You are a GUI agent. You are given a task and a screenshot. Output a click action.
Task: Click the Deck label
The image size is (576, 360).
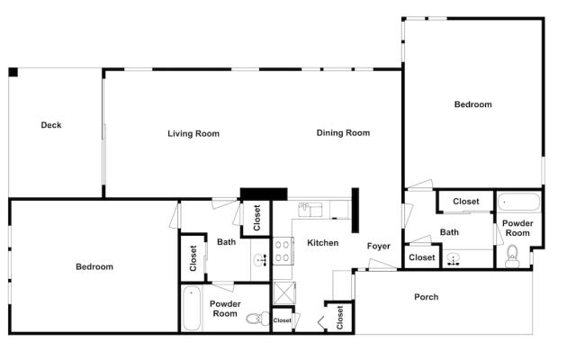coord(51,125)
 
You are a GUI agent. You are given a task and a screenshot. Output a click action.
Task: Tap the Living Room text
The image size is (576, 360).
coord(193,134)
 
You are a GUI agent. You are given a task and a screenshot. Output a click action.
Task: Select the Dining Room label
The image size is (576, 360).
coord(343,133)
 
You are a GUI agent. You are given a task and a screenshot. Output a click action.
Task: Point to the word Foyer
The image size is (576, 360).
coord(378,246)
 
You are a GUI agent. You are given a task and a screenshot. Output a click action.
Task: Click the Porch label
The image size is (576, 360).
coord(426,297)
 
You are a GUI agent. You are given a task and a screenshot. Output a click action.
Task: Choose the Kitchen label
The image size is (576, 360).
coord(322,243)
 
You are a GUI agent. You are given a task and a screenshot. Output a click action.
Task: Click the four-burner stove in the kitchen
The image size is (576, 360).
coord(283,251)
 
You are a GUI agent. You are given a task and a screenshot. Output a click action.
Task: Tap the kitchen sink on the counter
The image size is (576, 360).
coord(310,210)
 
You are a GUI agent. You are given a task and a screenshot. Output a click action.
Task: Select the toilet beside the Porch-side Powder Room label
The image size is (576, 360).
coord(512,256)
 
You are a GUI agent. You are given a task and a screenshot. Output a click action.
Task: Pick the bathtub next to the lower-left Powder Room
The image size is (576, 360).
coord(192,309)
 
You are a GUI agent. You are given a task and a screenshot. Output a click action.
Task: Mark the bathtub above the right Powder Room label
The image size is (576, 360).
coord(518,202)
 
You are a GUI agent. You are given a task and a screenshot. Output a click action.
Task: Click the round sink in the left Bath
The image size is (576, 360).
coord(260,260)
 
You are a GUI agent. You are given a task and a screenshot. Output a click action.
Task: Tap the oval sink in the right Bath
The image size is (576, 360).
coord(454,259)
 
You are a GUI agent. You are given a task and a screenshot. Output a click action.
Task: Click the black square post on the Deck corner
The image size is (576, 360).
coord(13,72)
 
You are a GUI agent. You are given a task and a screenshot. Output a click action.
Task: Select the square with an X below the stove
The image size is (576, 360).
coord(284,292)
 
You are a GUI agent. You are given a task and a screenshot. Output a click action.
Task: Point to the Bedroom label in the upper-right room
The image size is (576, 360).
coord(472,104)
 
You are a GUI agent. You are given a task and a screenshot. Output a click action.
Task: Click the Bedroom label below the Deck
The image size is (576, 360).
coord(94,266)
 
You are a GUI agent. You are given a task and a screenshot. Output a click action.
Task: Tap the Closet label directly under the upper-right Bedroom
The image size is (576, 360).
coord(466,202)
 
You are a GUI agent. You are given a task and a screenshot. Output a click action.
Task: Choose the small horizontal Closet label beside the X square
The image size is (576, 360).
coord(282,320)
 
